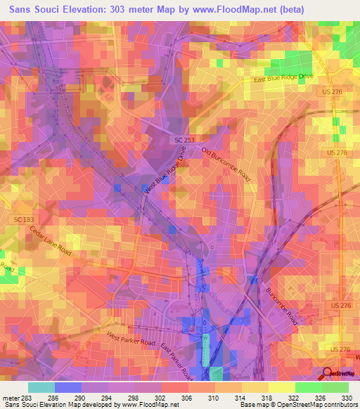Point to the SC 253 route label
(185, 141)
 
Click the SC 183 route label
(23, 220)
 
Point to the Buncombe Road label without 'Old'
(282, 305)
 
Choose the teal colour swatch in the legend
(41, 387)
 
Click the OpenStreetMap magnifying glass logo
(326, 373)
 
